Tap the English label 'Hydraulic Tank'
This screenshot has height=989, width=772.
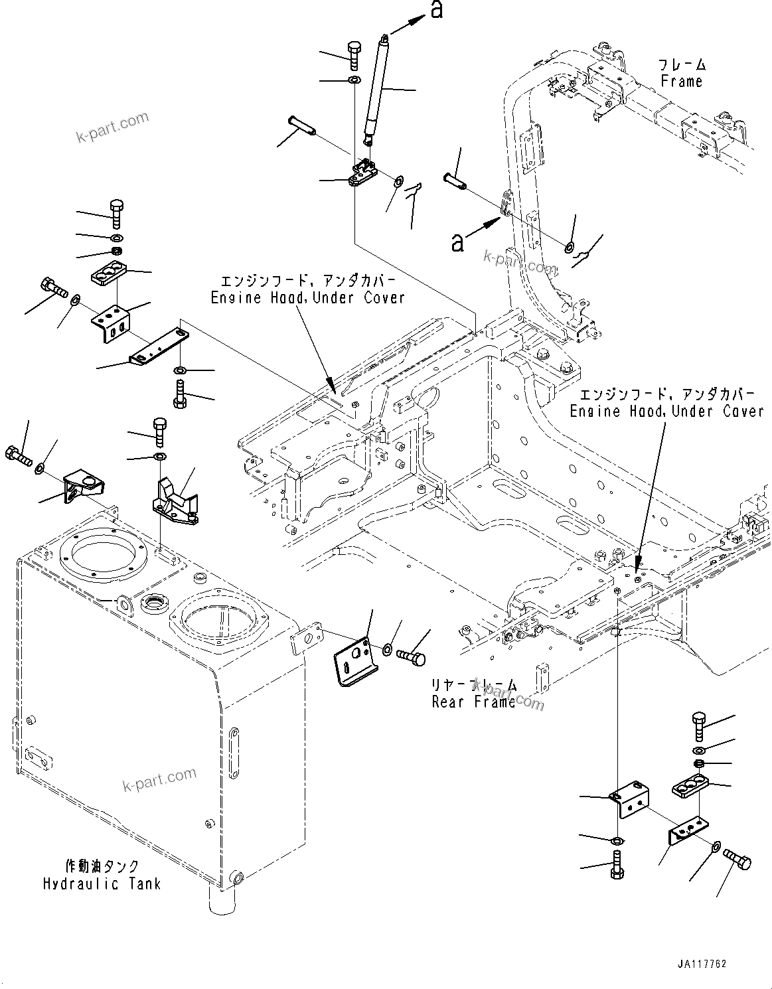(x=102, y=884)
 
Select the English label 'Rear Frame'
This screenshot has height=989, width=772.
(x=473, y=702)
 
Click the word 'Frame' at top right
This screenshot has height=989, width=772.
(x=681, y=81)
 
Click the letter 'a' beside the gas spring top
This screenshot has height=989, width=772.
(x=436, y=10)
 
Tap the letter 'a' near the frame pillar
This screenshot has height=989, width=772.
(x=457, y=242)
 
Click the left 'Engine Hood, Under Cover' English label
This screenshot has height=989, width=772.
(x=307, y=298)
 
